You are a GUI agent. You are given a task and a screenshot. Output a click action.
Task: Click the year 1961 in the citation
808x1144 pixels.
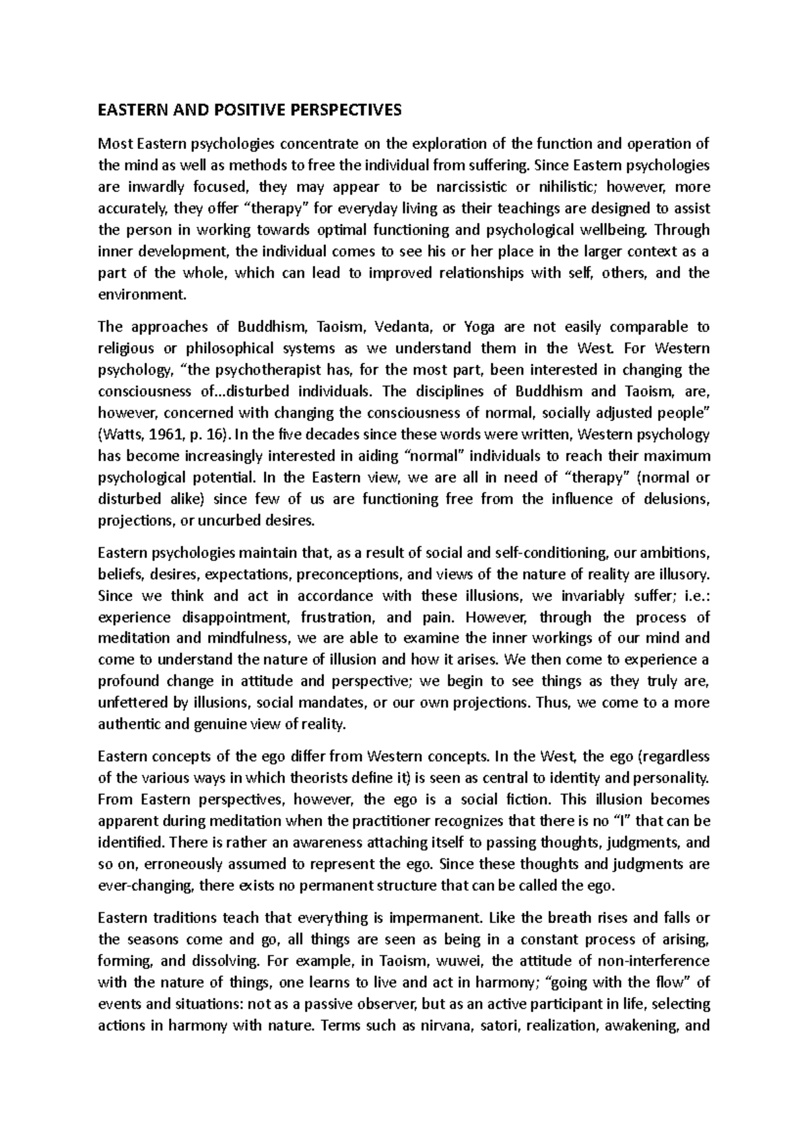(x=162, y=435)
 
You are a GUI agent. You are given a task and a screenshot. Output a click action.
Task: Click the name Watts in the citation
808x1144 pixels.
(x=121, y=435)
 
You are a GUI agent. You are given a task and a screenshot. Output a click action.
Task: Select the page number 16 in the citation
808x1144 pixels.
(x=220, y=435)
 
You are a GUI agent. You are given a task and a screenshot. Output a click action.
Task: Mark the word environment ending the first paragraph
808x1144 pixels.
(x=139, y=294)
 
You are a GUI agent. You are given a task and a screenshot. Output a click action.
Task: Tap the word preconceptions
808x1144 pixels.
(x=347, y=575)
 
